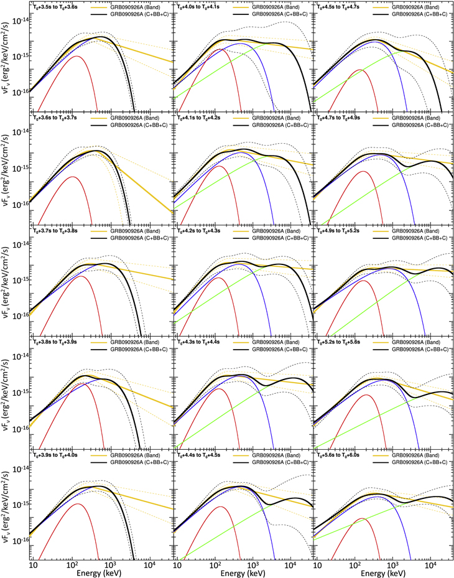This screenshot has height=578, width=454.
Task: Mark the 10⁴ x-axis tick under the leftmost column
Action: pyautogui.click(x=149, y=563)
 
